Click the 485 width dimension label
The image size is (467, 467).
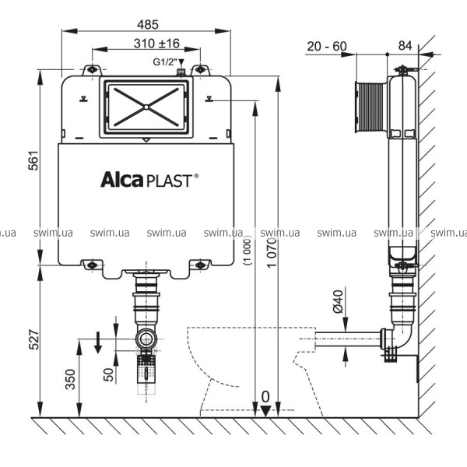[148, 24]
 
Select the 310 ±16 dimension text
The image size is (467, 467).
[156, 44]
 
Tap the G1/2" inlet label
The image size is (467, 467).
[165, 62]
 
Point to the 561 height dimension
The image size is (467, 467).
[33, 160]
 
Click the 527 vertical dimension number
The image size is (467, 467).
[33, 339]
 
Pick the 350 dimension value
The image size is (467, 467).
[71, 379]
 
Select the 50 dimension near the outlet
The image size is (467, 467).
[108, 374]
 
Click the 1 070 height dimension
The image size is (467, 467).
[272, 253]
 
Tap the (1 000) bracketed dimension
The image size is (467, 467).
[248, 251]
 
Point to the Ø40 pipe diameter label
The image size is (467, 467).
[338, 302]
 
